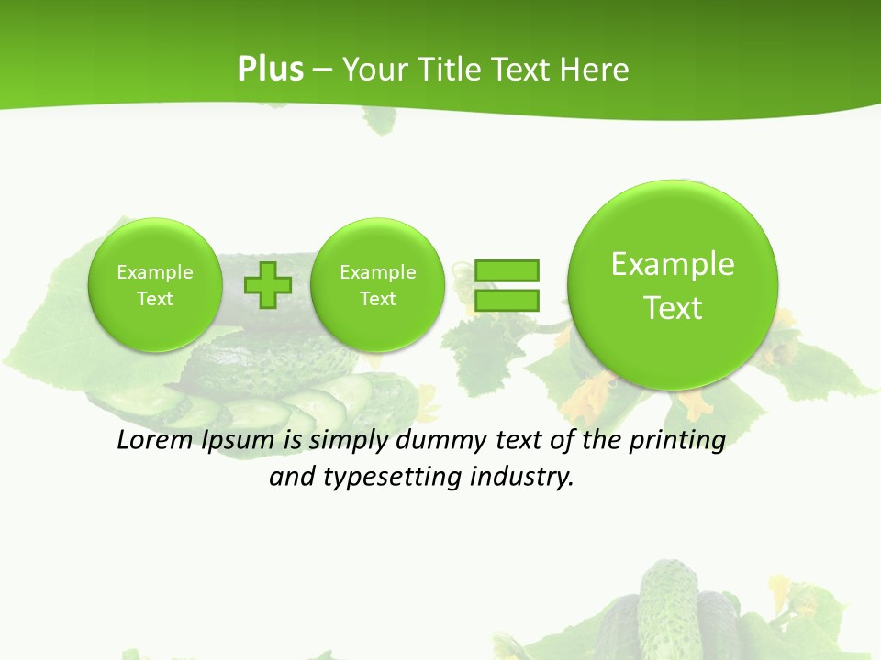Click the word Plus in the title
click(x=270, y=70)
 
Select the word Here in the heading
click(x=596, y=70)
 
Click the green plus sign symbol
click(x=268, y=285)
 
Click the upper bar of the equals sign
click(x=507, y=270)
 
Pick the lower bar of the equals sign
click(x=507, y=299)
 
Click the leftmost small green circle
click(x=155, y=321)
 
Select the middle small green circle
click(x=378, y=325)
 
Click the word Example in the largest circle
click(x=673, y=264)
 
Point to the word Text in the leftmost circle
click(x=155, y=299)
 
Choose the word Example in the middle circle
click(x=378, y=272)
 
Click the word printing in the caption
click(x=676, y=441)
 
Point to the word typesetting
click(x=393, y=478)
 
